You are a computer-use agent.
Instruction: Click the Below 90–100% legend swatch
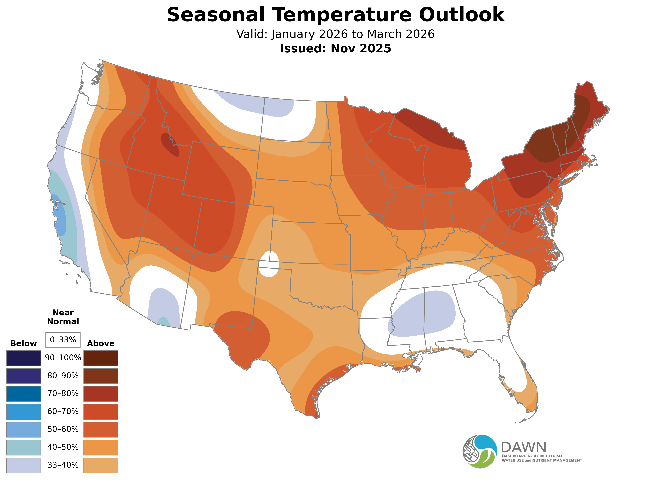pyautogui.click(x=24, y=358)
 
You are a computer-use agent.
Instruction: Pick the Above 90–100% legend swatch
pyautogui.click(x=101, y=358)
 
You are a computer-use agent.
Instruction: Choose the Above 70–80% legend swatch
pyautogui.click(x=101, y=394)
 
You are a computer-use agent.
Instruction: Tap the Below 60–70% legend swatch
pyautogui.click(x=24, y=412)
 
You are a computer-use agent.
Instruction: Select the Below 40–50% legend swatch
pyautogui.click(x=24, y=447)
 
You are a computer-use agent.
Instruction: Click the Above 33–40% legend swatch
pyautogui.click(x=101, y=465)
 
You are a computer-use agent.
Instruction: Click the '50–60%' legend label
pyautogui.click(x=63, y=429)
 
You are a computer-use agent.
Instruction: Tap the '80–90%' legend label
pyautogui.click(x=63, y=376)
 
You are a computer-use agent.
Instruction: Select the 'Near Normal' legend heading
pyautogui.click(x=63, y=317)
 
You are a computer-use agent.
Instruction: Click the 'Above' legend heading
pyautogui.click(x=101, y=344)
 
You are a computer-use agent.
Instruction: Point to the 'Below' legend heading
pyautogui.click(x=24, y=344)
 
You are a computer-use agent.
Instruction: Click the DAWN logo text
pyautogui.click(x=523, y=448)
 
